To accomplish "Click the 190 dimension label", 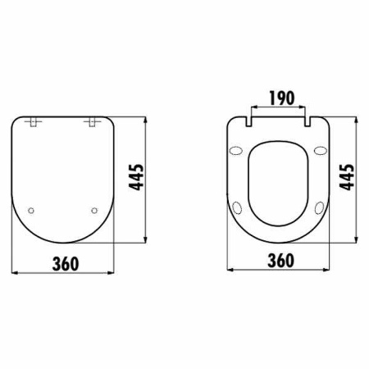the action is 282,98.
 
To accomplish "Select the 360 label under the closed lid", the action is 66,263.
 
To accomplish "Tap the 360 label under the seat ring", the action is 281,260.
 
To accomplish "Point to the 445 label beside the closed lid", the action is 136,177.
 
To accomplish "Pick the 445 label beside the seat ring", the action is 347,177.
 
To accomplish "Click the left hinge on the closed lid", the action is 33,122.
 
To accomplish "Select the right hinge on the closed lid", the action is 92,122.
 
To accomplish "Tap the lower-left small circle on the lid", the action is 31,211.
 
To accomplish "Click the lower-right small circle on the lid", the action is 94,211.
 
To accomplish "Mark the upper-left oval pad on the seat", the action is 236,151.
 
